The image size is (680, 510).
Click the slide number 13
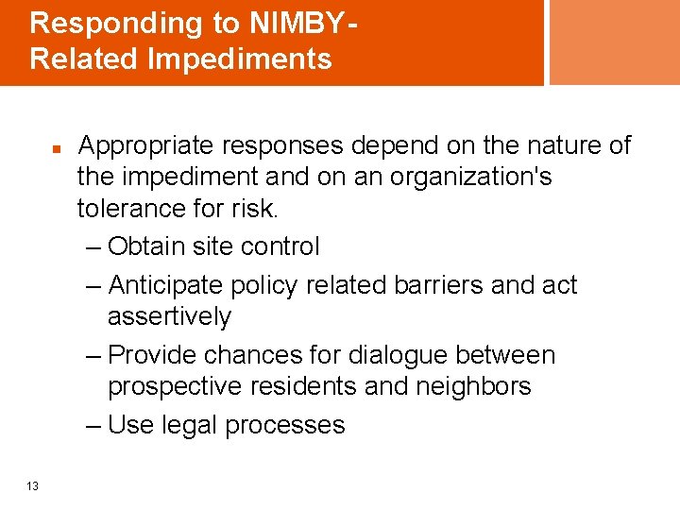coord(33,486)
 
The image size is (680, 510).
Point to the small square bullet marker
coord(57,150)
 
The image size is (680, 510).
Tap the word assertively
coord(169,316)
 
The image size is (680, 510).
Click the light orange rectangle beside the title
coord(614,42)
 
